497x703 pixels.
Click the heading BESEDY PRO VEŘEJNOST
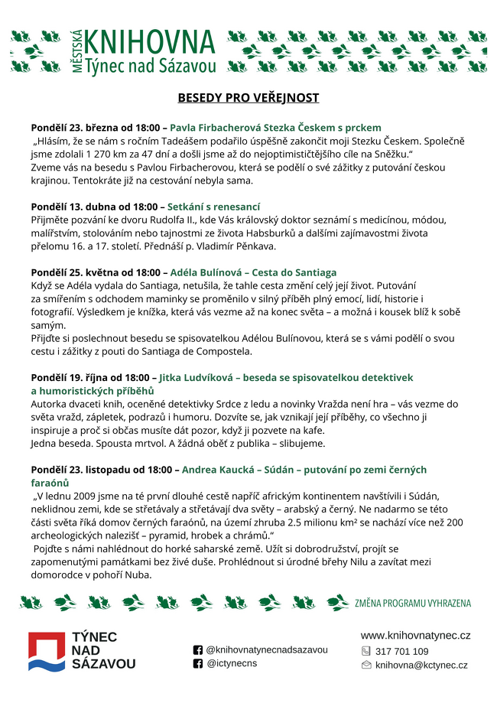(x=248, y=98)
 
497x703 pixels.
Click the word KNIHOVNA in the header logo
(x=150, y=41)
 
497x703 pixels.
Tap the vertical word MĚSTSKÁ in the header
(x=76, y=51)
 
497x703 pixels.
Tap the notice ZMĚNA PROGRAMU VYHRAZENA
(x=413, y=604)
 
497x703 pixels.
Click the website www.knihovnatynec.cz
(x=415, y=636)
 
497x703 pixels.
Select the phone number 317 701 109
(x=402, y=651)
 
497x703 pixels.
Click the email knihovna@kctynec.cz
(x=421, y=665)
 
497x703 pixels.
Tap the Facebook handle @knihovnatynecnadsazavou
(x=267, y=649)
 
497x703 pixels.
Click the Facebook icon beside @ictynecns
(x=198, y=663)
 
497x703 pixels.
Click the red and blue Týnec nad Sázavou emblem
(x=47, y=652)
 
